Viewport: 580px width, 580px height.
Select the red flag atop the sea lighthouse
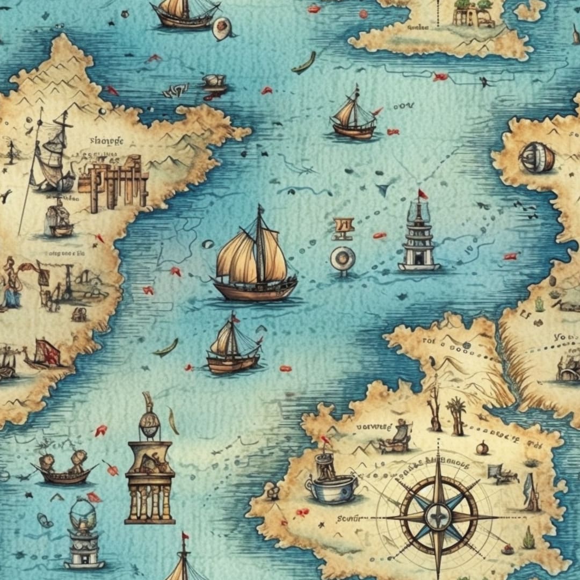coord(422,193)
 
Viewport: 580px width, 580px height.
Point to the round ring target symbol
coord(342,258)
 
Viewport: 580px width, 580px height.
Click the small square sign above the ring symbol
coord(343,227)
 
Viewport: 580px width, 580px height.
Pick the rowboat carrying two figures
coord(63,467)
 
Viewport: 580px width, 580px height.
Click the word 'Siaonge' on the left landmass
coord(106,141)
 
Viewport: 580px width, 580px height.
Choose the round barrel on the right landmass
coord(536,157)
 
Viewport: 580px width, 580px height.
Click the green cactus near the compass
coord(529,538)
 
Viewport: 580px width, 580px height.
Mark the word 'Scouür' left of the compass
coord(350,519)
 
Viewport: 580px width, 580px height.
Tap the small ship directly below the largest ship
coord(234,346)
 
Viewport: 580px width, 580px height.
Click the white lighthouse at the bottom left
coord(83,534)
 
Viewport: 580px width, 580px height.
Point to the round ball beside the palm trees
coord(482,447)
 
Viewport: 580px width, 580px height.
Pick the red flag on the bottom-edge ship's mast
coord(185,536)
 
